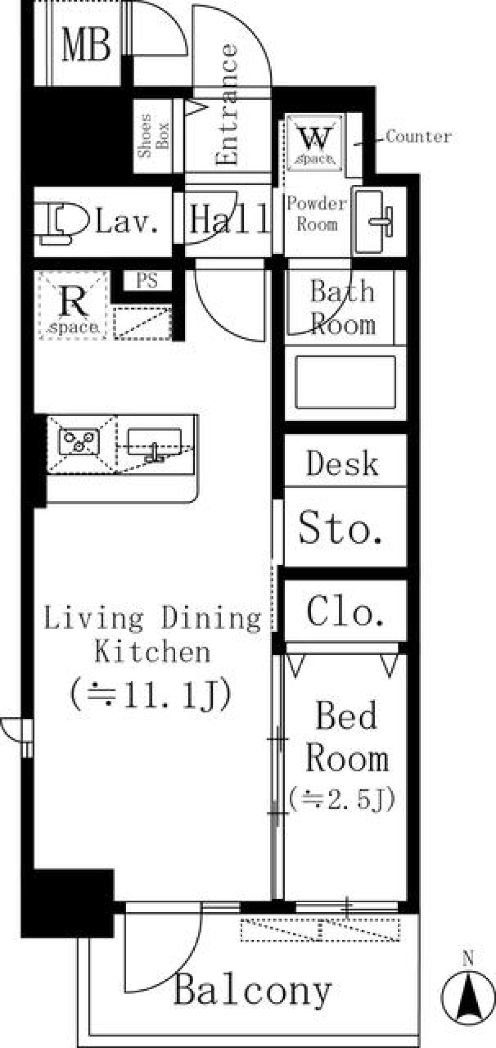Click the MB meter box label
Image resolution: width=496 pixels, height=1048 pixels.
tap(86, 45)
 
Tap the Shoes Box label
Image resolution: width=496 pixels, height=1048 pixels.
tap(153, 135)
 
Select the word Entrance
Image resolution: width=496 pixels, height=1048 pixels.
tap(227, 104)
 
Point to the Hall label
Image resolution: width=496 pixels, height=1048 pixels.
tap(229, 219)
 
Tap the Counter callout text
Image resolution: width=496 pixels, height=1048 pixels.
tap(419, 136)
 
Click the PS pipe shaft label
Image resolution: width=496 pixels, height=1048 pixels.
tap(147, 281)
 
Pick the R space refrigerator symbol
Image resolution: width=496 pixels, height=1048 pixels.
tap(73, 306)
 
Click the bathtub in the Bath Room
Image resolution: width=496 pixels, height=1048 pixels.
tap(346, 381)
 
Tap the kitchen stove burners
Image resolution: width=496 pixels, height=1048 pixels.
tap(79, 442)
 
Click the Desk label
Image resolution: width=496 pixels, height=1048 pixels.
tap(342, 463)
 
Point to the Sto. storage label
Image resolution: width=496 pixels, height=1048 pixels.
tap(341, 528)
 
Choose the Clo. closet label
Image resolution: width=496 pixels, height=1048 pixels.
tap(345, 612)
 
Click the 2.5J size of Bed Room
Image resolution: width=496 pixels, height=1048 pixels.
tap(343, 798)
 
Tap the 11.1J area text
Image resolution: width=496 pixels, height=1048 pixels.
tap(151, 696)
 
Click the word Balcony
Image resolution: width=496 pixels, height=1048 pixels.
tap(253, 991)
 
